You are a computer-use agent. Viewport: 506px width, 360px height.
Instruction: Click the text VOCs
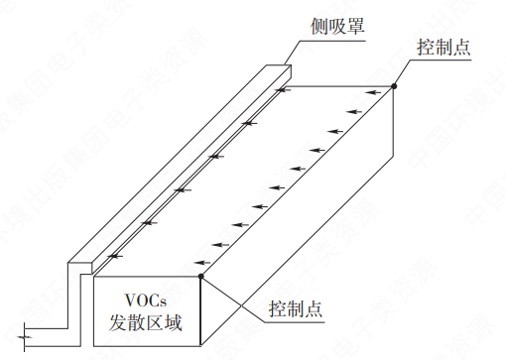pos(149,299)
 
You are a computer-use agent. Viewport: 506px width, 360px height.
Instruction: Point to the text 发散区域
pos(148,322)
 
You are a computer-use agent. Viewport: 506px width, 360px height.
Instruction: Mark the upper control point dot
pos(394,87)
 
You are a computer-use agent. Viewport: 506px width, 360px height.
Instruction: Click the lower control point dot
pos(201,276)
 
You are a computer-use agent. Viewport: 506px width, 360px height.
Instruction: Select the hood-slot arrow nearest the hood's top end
pos(283,92)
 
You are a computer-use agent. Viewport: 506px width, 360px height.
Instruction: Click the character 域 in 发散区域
pos(181,322)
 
